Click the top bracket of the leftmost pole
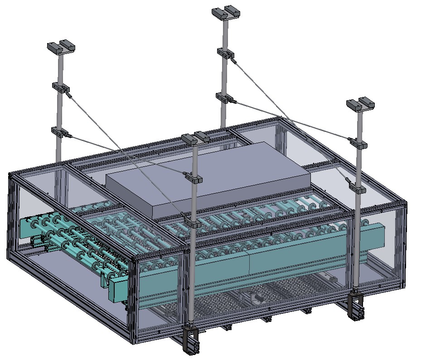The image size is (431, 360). click(x=61, y=47)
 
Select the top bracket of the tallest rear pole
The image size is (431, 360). click(x=225, y=12)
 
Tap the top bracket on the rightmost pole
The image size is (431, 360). click(x=361, y=104)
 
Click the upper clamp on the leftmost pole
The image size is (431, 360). click(x=60, y=88)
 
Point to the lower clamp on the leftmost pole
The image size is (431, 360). click(x=60, y=132)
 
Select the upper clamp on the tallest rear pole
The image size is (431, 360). click(x=225, y=53)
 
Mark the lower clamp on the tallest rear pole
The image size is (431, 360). click(x=224, y=97)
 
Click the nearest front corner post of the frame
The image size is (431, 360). click(x=135, y=299)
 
